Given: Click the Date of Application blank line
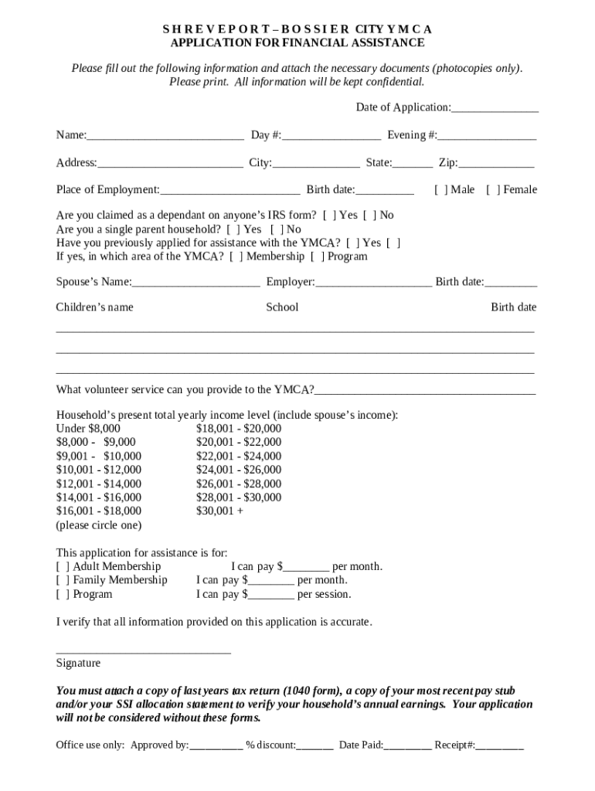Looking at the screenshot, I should pos(495,108).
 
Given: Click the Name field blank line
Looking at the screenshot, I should pos(165,137).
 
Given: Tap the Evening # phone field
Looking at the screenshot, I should pos(487,137).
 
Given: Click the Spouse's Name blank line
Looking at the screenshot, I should pos(195,283).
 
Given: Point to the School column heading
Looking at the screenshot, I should pos(282,307).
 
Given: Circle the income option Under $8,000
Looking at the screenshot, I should pos(88,429).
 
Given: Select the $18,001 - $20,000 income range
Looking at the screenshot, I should pos(239,429).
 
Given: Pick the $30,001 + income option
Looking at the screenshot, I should pos(219,511).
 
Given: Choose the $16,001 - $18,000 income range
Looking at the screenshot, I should pos(99,511).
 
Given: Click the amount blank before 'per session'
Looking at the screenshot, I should pos(271,596).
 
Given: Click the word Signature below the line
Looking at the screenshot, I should pos(78,664).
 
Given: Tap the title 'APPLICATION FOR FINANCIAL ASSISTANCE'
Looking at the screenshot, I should pos(297,43).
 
